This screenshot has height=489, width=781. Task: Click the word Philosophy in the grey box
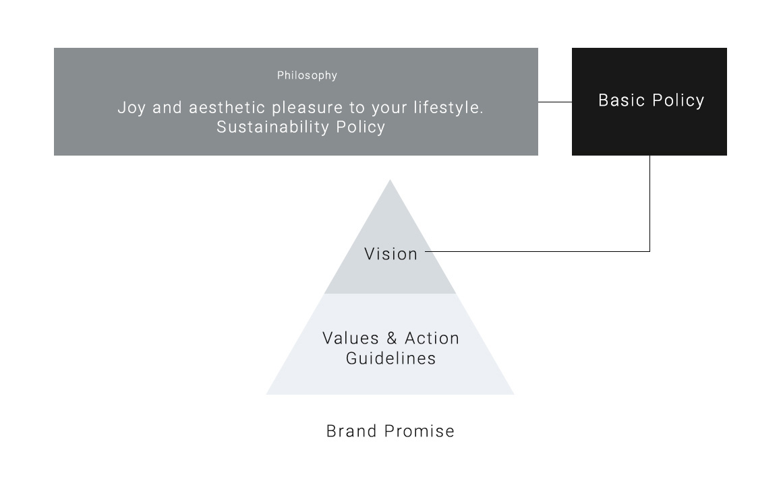click(x=307, y=75)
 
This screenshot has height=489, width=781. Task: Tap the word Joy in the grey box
click(x=132, y=108)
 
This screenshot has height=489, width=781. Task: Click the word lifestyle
click(x=446, y=108)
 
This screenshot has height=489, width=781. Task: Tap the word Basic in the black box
click(x=620, y=100)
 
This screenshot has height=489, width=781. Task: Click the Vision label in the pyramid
click(x=390, y=254)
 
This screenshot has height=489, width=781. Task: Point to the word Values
click(x=351, y=338)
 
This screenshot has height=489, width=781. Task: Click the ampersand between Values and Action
click(x=392, y=338)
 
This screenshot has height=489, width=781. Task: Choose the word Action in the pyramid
click(x=432, y=338)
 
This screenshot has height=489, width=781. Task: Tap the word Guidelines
click(x=390, y=358)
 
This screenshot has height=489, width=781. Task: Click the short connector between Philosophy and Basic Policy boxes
click(x=555, y=102)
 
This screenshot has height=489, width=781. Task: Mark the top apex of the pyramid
click(x=390, y=181)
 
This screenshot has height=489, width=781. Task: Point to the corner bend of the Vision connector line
click(x=649, y=251)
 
